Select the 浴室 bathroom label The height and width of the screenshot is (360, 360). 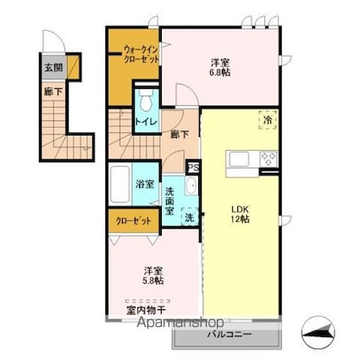click(x=143, y=184)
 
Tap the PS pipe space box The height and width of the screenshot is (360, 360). click(x=193, y=168)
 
